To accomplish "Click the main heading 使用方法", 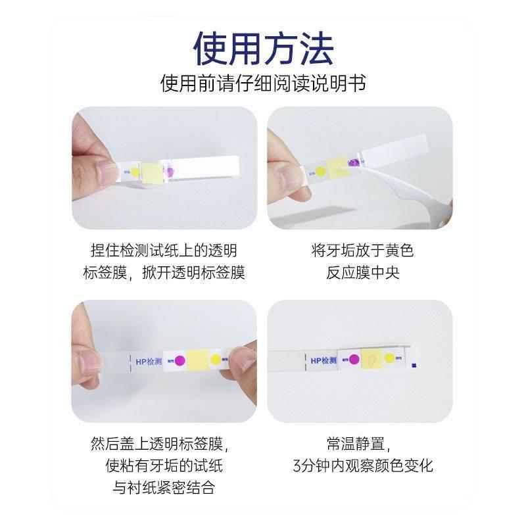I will (263, 47).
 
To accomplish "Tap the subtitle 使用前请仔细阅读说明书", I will (263, 84).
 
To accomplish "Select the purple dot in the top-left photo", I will (170, 172).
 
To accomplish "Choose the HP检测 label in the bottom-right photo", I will (324, 360).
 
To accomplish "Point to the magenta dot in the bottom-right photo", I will (354, 360).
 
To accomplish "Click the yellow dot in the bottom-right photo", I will (390, 359).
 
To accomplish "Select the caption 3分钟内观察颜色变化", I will (363, 466).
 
